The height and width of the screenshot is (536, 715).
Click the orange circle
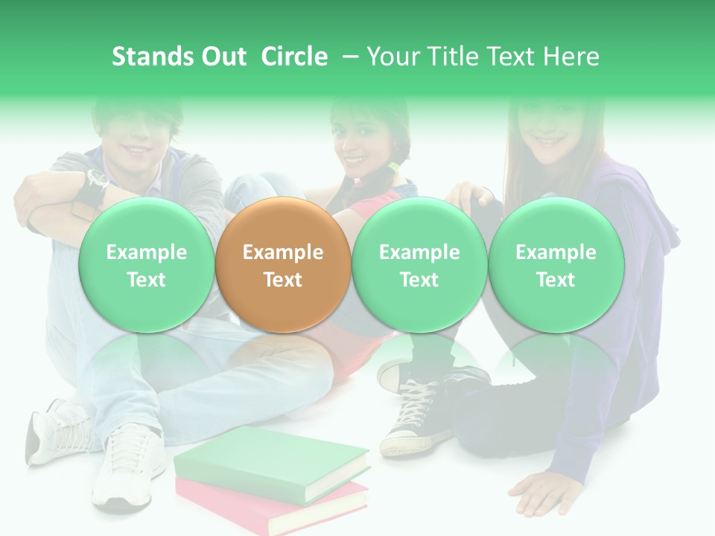pyautogui.click(x=282, y=264)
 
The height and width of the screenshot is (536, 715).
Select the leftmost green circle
pyautogui.click(x=146, y=264)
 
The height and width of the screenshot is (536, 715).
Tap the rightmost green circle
pyautogui.click(x=556, y=264)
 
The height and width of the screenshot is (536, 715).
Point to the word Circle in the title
pyautogui.click(x=294, y=57)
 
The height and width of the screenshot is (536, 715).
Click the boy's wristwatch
pyautogui.click(x=96, y=179)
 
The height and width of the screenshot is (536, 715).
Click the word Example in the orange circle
pyautogui.click(x=282, y=252)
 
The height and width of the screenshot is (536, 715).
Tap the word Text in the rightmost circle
pyautogui.click(x=556, y=280)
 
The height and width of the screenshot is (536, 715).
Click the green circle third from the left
pyautogui.click(x=419, y=264)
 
